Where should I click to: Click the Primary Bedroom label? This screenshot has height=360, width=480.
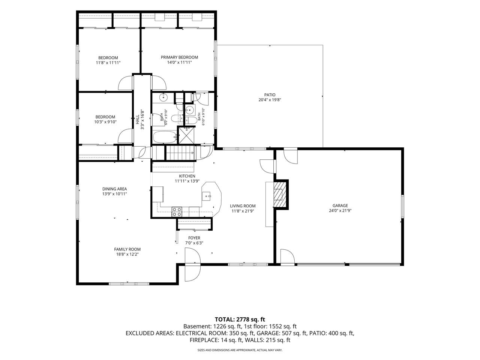pos(179,57)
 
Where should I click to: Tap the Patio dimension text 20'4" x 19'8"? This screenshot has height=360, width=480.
pos(270,100)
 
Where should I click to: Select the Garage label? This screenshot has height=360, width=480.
pos(340,205)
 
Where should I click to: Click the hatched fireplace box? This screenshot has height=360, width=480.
pos(280,194)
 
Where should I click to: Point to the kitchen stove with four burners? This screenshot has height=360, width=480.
pos(177,211)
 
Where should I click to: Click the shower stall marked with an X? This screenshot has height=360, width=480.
pos(186,135)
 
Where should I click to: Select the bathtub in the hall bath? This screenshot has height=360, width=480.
pos(165,137)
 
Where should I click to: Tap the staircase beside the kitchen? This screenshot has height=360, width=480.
pos(180,153)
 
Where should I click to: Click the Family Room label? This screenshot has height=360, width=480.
pos(127,249)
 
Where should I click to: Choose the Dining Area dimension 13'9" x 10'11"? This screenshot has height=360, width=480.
pos(115,194)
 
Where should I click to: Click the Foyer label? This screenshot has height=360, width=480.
pos(194,238)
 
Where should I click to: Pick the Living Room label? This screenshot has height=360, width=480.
pos(243,206)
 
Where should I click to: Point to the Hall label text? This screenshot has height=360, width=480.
pos(138,120)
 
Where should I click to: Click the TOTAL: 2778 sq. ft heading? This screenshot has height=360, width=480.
pos(240,319)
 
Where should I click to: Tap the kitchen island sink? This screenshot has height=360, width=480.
pos(206,196)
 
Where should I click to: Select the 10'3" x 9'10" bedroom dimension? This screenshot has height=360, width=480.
pos(105,122)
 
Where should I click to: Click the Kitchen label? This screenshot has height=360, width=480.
pos(187,176)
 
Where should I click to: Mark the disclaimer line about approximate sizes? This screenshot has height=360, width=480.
pos(240,350)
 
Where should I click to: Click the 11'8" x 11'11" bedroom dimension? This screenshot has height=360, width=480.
pos(108,63)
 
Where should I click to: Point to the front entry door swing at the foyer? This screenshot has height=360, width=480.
pos(193,264)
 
